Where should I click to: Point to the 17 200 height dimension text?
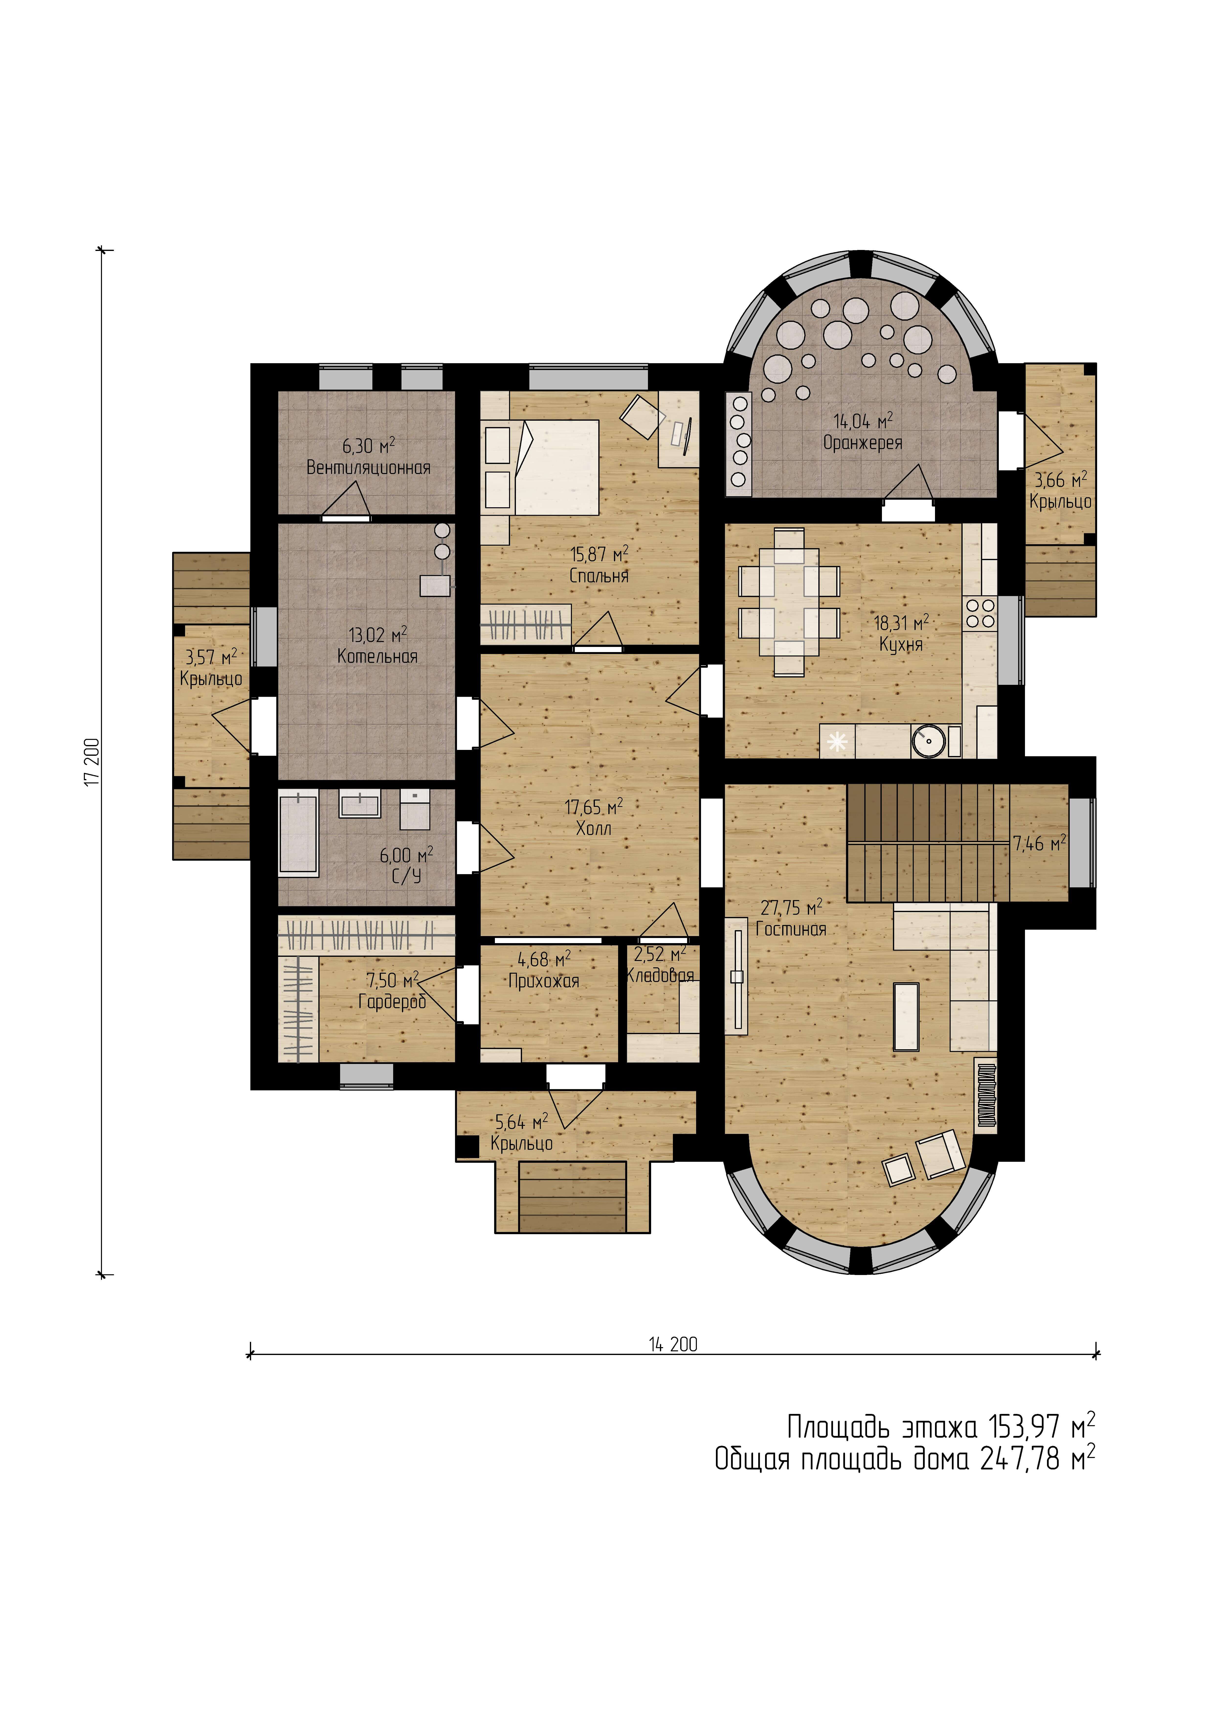(92, 762)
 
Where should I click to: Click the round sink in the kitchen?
(928, 741)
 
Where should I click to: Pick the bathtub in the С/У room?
(298, 834)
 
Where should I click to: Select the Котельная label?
(378, 657)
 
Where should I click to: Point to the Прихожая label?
(544, 981)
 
